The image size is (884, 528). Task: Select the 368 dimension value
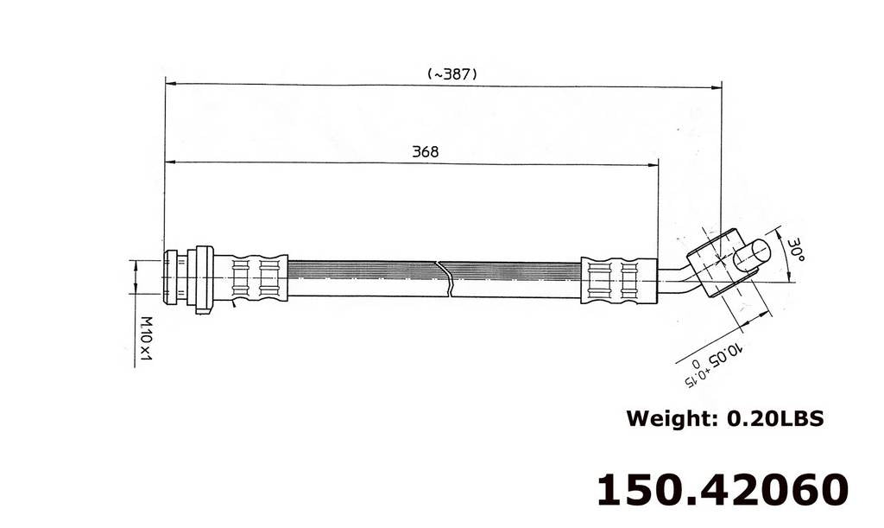425,151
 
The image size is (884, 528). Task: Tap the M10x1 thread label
147,338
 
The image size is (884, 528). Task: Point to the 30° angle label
795,251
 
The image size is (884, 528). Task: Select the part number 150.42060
723,489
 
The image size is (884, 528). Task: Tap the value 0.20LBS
775,419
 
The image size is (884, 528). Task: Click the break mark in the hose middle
445,278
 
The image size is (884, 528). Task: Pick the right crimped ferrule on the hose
619,279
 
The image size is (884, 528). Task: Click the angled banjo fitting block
717,261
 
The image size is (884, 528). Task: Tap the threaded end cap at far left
173,277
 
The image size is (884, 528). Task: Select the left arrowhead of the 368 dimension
170,162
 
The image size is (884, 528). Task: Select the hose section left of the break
363,278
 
